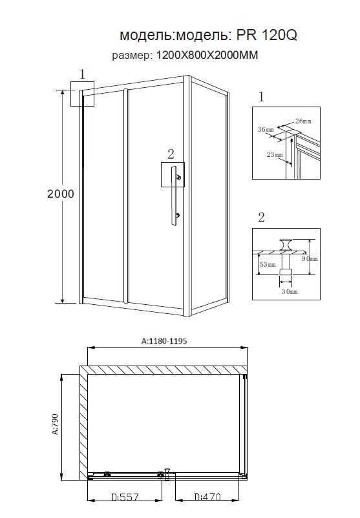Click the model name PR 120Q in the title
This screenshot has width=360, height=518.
coord(266,35)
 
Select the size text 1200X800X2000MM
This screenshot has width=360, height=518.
coord(207,55)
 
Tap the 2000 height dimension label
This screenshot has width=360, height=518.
coord(61,194)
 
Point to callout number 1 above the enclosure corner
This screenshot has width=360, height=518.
coord(82,74)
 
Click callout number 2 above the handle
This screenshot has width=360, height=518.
coord(171,154)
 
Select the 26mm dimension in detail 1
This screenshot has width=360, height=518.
coord(303,121)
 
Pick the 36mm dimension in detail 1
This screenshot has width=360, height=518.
coord(266,129)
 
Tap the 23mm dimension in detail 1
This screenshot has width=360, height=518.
coord(275,154)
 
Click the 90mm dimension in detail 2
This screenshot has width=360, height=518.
coord(310,258)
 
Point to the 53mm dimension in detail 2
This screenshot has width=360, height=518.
coord(268,264)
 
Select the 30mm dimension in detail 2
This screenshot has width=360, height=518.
coord(290,291)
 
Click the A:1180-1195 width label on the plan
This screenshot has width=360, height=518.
coord(164,340)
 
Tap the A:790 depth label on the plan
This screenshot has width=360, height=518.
coord(55,424)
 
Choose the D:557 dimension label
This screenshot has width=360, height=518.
coord(125,497)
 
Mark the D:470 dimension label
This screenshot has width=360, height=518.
coord(207,497)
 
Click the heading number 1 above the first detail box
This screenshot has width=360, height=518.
coord(262,97)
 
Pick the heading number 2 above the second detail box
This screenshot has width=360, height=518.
coord(261,218)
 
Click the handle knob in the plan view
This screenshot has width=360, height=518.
coord(167,474)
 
